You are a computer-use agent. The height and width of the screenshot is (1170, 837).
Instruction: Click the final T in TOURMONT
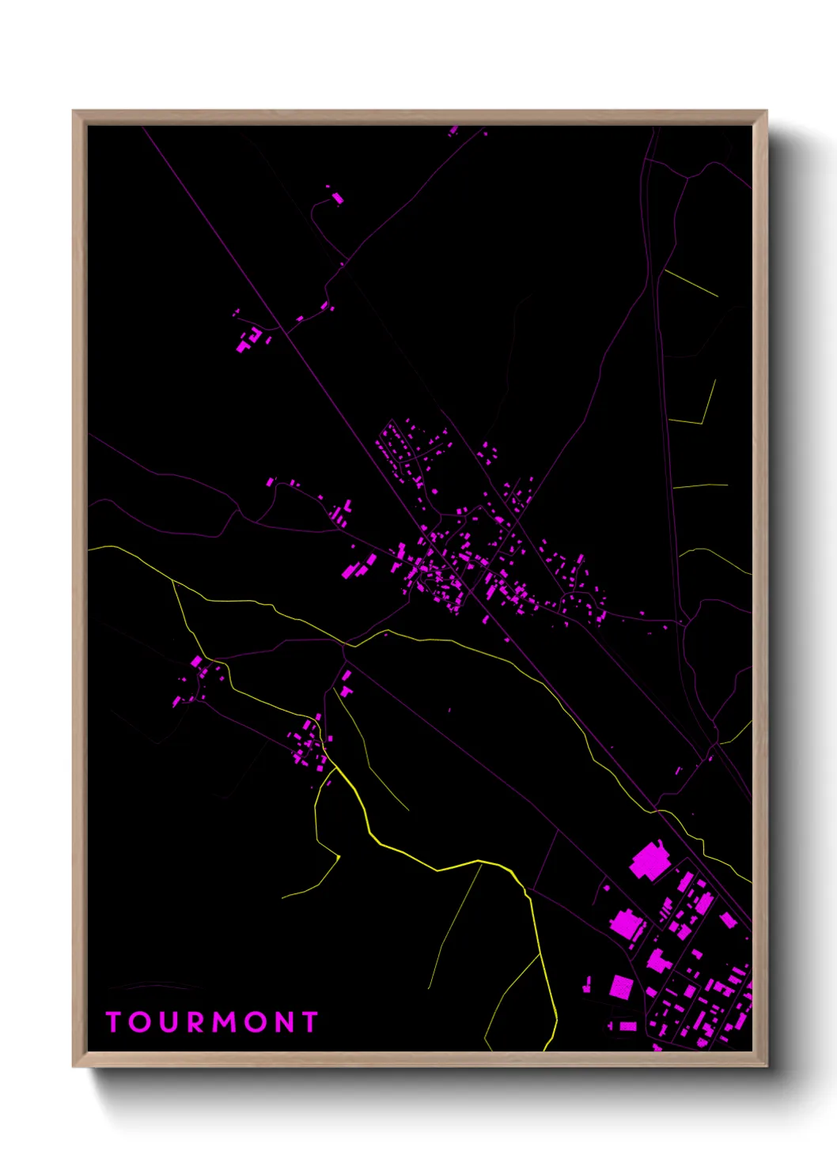point(309,1022)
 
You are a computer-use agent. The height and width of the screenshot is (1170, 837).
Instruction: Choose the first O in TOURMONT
point(139,1022)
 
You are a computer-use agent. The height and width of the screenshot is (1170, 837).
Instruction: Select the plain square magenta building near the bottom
point(622,987)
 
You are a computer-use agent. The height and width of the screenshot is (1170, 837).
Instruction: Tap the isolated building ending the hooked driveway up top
point(337,198)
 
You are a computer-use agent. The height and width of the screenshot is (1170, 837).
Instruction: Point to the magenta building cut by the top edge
point(453,130)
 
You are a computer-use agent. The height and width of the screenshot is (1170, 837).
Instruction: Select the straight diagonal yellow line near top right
point(691,283)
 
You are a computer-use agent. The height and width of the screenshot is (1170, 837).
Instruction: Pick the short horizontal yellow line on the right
point(699,485)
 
